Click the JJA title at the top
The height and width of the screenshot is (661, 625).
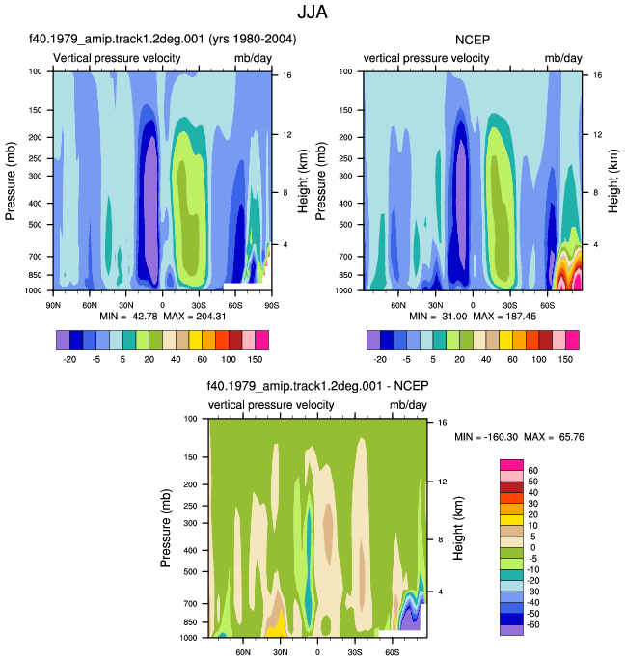312,12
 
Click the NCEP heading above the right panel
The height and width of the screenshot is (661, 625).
473,40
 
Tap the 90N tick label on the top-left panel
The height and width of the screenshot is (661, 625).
53,305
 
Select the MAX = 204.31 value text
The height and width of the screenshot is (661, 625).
195,317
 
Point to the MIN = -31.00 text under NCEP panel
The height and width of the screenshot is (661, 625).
438,317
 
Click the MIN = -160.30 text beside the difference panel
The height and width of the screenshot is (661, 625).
486,437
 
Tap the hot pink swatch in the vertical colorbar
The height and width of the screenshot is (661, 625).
511,465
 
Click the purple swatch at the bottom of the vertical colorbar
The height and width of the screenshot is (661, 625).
511,630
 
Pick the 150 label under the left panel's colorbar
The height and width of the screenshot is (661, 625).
255,360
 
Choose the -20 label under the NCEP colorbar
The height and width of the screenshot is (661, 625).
380,360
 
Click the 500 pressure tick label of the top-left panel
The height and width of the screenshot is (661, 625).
36,225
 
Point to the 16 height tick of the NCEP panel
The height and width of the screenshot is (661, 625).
598,75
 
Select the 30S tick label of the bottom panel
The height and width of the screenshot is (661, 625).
355,652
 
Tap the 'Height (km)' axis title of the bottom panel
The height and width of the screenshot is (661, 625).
458,528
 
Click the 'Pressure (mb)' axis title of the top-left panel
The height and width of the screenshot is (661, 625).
11,180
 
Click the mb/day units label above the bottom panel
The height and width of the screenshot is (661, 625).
408,405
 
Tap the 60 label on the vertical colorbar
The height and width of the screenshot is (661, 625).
532,471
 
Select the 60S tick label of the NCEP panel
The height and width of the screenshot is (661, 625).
548,305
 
